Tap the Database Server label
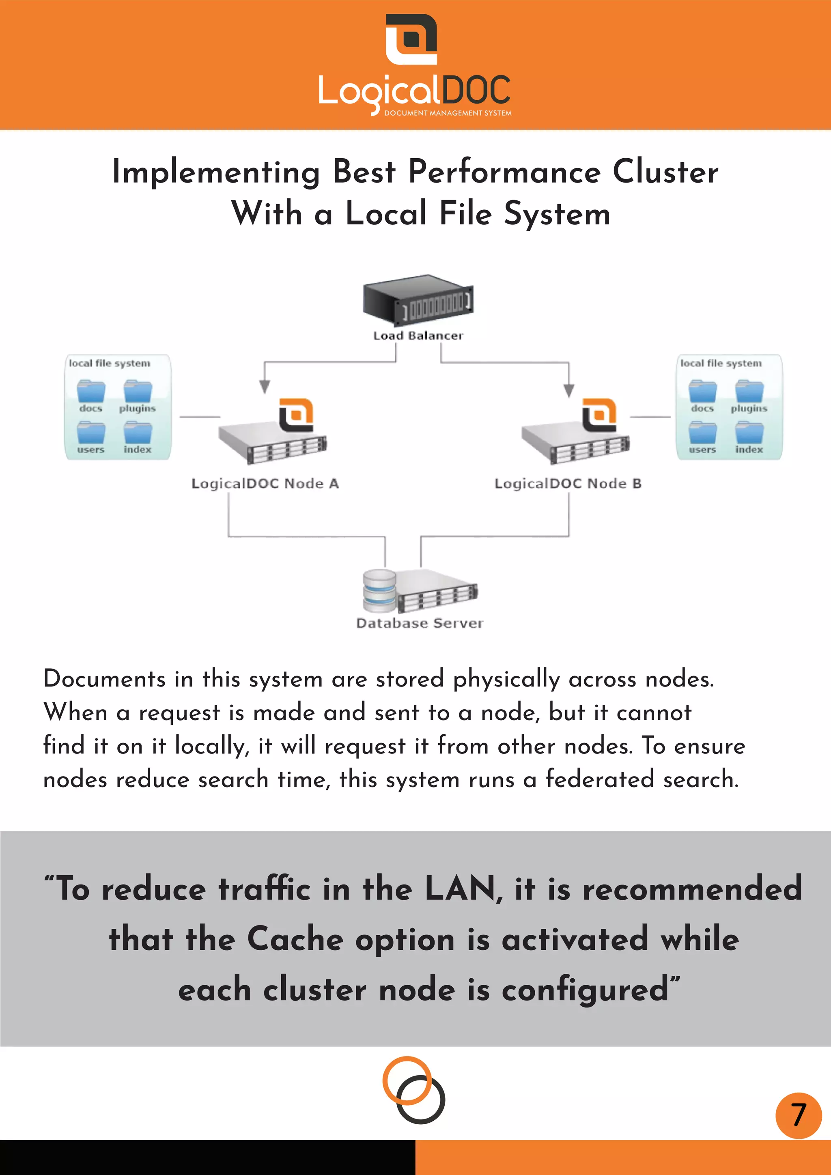419,623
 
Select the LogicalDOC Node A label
265,483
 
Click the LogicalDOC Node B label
568,483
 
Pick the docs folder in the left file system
91,392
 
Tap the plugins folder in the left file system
138,392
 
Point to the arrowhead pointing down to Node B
568,390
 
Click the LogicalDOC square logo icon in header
411,39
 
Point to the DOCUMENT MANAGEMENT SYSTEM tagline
448,113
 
